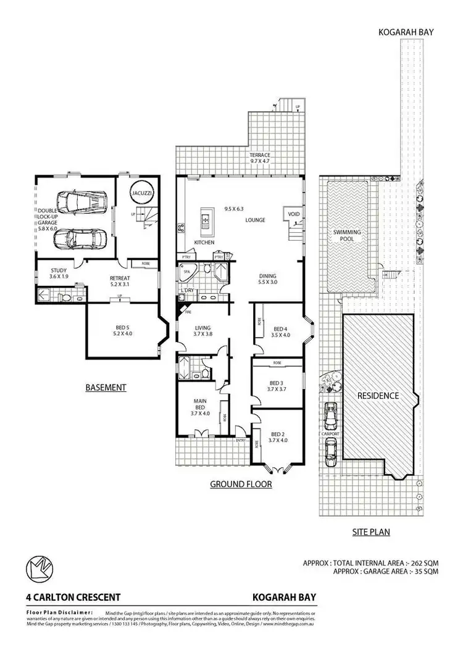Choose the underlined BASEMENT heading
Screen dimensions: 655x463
coord(106,388)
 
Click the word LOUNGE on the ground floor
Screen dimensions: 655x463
coord(255,219)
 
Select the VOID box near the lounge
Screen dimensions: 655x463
coord(291,215)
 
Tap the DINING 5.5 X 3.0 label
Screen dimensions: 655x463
coord(267,279)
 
